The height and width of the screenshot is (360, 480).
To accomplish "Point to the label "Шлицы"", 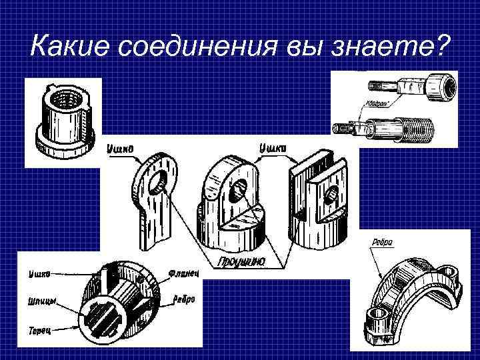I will [x=41, y=301].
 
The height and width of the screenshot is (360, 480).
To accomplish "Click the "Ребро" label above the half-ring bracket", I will [x=382, y=242].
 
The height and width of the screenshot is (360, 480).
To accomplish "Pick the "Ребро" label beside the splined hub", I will [x=184, y=299].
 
